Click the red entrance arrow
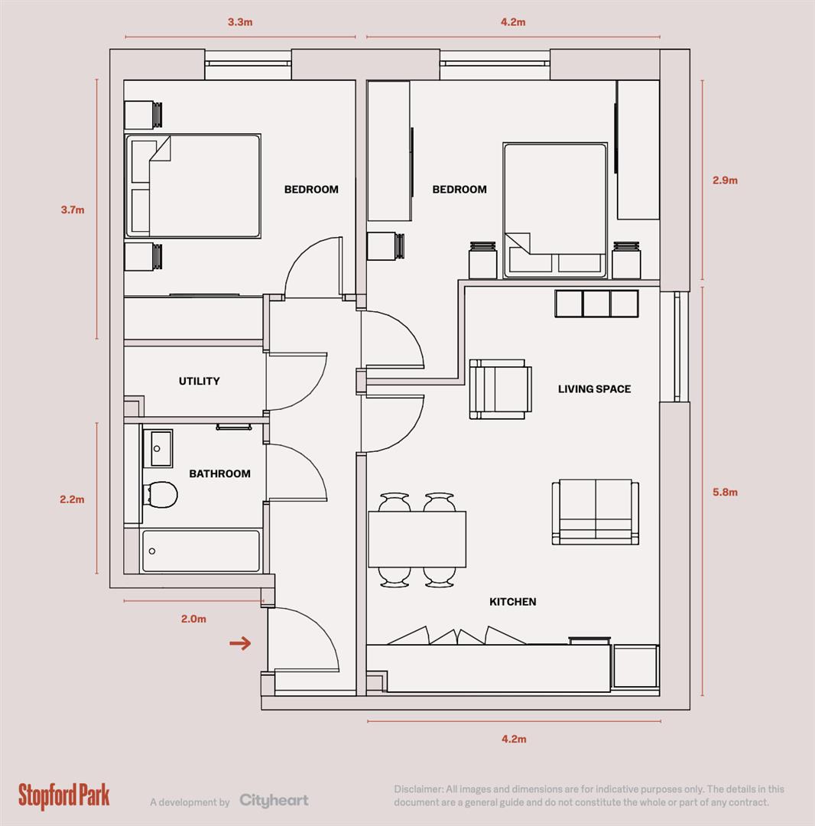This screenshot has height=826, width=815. coord(241,643)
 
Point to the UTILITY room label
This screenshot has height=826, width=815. coord(200,381)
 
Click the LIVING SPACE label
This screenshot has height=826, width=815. coord(594,389)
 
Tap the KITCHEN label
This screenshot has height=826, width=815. coord(512,602)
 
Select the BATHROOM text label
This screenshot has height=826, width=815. coord(219,473)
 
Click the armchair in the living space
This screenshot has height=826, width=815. coord(500,389)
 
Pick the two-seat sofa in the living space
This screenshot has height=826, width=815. coord(596,512)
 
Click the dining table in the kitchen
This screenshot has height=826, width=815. coord(417,538)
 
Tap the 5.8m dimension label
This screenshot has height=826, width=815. coord(724,493)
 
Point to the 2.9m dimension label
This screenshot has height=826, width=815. coord(724,180)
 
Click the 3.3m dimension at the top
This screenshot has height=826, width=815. coord(240,22)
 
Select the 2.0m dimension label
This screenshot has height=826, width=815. coord(193,619)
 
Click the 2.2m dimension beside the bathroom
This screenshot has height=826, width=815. coord(72,499)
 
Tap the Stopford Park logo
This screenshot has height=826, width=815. coord(64,795)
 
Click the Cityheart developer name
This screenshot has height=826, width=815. coord(274,801)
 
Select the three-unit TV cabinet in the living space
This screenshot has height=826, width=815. coord(596,303)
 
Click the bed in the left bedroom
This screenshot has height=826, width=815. coord(193,186)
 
